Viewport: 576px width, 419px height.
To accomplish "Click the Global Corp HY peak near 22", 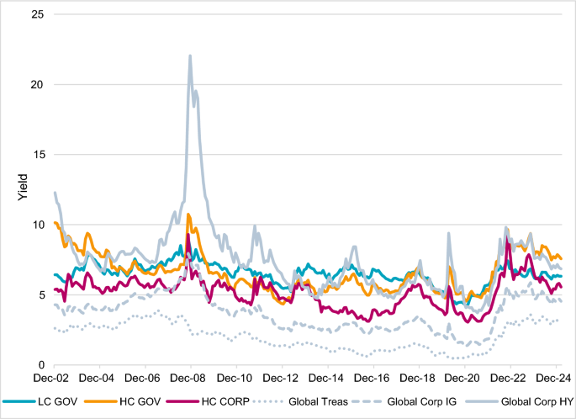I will [x=190, y=56].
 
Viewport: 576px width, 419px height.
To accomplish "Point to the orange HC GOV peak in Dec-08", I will [x=188, y=215].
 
